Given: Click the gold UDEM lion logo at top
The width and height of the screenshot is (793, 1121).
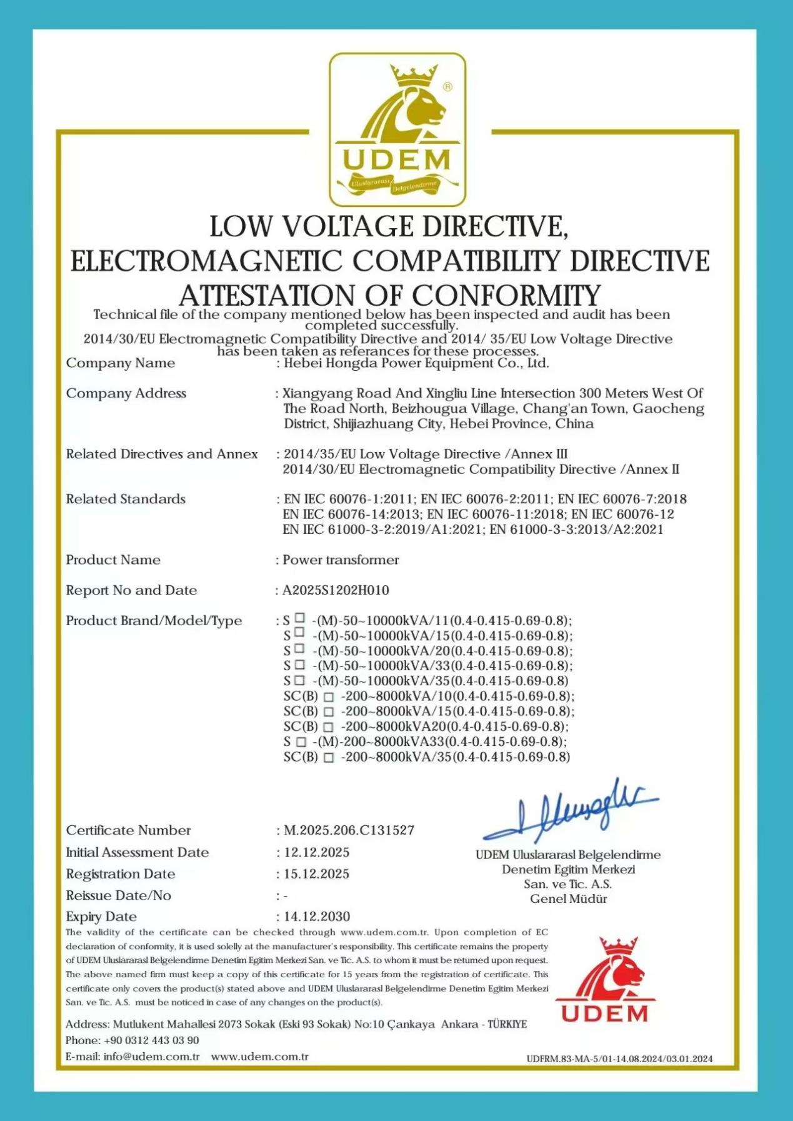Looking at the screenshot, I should [397, 129].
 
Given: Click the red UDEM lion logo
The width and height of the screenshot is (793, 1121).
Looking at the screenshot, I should [604, 978].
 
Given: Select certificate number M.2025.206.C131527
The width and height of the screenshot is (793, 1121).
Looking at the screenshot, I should [349, 830].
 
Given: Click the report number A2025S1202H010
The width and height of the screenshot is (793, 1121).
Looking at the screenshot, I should [336, 590].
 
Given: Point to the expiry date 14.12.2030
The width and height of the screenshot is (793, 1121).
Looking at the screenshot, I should [317, 917].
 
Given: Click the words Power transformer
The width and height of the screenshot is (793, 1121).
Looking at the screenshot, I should [341, 560].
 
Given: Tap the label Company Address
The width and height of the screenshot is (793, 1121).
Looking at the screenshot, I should [126, 393].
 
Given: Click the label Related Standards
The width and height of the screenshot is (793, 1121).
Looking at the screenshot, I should [126, 499].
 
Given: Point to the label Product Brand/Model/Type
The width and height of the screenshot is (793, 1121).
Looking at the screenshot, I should [154, 620].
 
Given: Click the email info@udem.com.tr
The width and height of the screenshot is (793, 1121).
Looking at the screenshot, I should [151, 1057].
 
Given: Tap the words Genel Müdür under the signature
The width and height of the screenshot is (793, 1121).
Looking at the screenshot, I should [568, 898].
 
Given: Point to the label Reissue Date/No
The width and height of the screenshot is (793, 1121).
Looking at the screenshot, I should [119, 895].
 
